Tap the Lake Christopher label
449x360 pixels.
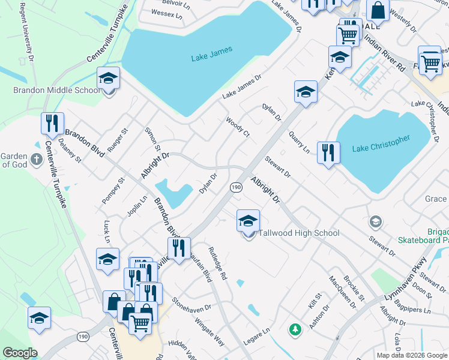381,143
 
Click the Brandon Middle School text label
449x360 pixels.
57,90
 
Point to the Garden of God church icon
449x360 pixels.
36,160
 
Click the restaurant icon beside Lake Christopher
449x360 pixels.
328,153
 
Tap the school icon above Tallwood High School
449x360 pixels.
248,221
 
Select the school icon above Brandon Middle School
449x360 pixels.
109,78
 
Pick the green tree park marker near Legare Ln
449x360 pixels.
295,329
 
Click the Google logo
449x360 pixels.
20,352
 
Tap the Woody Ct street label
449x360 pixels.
237,127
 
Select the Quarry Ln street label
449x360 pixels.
299,142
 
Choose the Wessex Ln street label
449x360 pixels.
166,13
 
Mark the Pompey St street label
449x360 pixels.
112,190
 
